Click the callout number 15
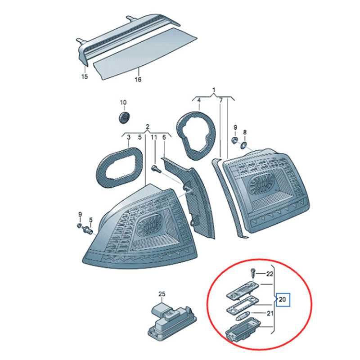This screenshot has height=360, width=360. point(85,76)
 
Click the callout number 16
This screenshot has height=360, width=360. point(138,80)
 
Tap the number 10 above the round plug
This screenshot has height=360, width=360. point(123,103)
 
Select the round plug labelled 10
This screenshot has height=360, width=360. point(124,117)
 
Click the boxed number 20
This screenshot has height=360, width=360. point(283,299)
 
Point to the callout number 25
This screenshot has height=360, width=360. point(162,294)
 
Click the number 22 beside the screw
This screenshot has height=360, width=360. point(270,274)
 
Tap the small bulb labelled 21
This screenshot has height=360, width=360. point(241,318)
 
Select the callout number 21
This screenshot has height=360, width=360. point(270,313)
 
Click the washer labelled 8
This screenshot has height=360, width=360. point(243,145)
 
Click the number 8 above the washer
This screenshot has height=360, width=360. point(245,132)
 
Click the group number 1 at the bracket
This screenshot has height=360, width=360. point(214,90)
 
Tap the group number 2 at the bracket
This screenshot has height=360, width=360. point(148,126)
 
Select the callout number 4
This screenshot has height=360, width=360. point(199,100)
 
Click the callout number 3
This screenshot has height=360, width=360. point(129,137)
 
